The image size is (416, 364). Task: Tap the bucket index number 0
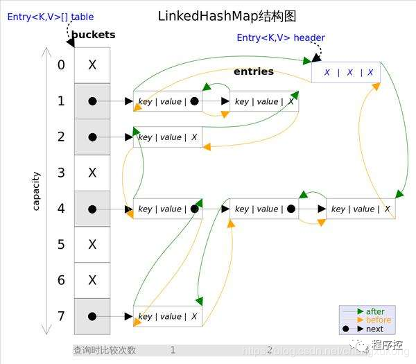pyautogui.click(x=61, y=65)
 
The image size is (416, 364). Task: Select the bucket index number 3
pyautogui.click(x=61, y=173)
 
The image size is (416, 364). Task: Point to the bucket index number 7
pyautogui.click(x=61, y=316)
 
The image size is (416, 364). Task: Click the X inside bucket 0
pyautogui.click(x=92, y=65)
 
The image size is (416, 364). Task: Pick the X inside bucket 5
pyautogui.click(x=92, y=244)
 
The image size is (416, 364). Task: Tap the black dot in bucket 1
pyautogui.click(x=92, y=101)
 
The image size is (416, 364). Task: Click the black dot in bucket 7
pyautogui.click(x=92, y=316)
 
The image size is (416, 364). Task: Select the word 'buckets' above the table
pyautogui.click(x=94, y=35)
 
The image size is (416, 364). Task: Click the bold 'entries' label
pyautogui.click(x=254, y=71)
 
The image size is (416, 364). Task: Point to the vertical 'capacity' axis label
pyautogui.click(x=36, y=191)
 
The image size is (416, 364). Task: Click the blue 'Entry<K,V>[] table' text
pyautogui.click(x=51, y=17)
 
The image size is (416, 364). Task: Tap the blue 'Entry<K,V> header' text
pyautogui.click(x=281, y=37)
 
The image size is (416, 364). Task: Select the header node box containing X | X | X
pyautogui.click(x=346, y=71)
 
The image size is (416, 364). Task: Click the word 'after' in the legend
pyautogui.click(x=375, y=311)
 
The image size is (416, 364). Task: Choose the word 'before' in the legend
pyautogui.click(x=378, y=320)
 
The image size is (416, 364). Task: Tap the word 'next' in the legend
pyautogui.click(x=374, y=329)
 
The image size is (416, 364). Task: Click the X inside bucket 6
pyautogui.click(x=92, y=280)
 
